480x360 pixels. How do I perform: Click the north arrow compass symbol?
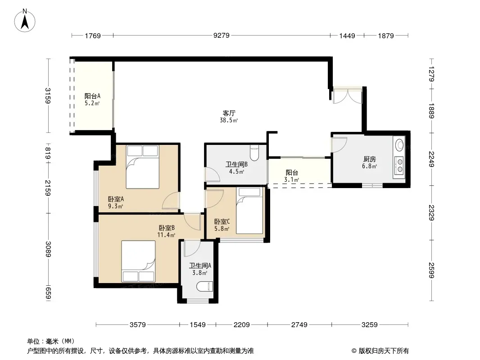coord(25,20)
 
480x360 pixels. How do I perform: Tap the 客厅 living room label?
coord(229,113)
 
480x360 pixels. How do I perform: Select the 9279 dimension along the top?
coord(222,36)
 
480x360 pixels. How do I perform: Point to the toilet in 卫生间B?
coord(254,152)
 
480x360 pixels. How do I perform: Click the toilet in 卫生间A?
coord(204,286)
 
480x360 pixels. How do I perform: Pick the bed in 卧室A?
coord(143,166)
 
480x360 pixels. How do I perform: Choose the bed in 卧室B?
coord(138,261)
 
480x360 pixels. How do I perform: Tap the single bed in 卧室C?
coord(249,211)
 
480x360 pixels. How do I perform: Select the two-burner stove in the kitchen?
coord(399,165)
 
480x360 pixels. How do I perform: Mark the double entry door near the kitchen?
coord(348,95)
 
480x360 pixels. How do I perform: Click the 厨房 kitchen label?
coord(370,159)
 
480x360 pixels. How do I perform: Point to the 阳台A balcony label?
coord(92,96)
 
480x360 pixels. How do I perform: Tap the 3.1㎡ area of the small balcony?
coord(291,180)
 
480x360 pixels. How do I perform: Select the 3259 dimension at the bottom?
coord(370,324)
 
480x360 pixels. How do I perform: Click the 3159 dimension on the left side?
coord(48,96)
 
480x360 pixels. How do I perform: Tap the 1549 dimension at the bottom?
coord(198,324)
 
